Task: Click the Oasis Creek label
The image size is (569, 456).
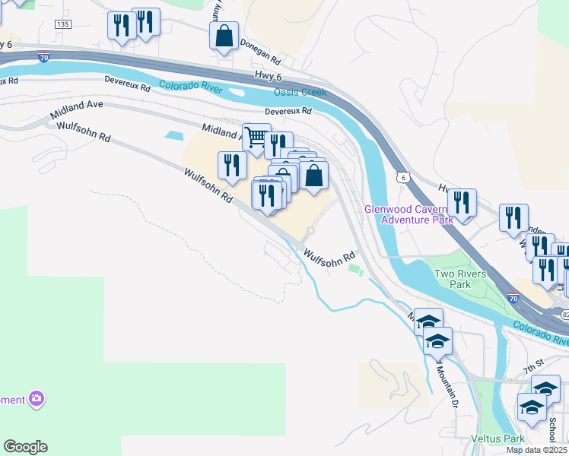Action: pyautogui.click(x=300, y=93)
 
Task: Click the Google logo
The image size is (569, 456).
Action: pyautogui.click(x=25, y=447)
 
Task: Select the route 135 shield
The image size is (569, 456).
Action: pyautogui.click(x=64, y=25)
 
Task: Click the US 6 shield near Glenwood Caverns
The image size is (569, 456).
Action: pyautogui.click(x=403, y=176)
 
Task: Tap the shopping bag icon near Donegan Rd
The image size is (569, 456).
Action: pyautogui.click(x=224, y=36)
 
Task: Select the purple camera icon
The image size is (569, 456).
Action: pyautogui.click(x=35, y=398)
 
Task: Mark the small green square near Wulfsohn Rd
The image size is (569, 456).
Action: pyautogui.click(x=352, y=268)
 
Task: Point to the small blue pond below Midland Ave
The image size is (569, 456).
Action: pyautogui.click(x=173, y=135)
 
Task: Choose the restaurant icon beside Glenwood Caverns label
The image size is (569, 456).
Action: pyautogui.click(x=462, y=202)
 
